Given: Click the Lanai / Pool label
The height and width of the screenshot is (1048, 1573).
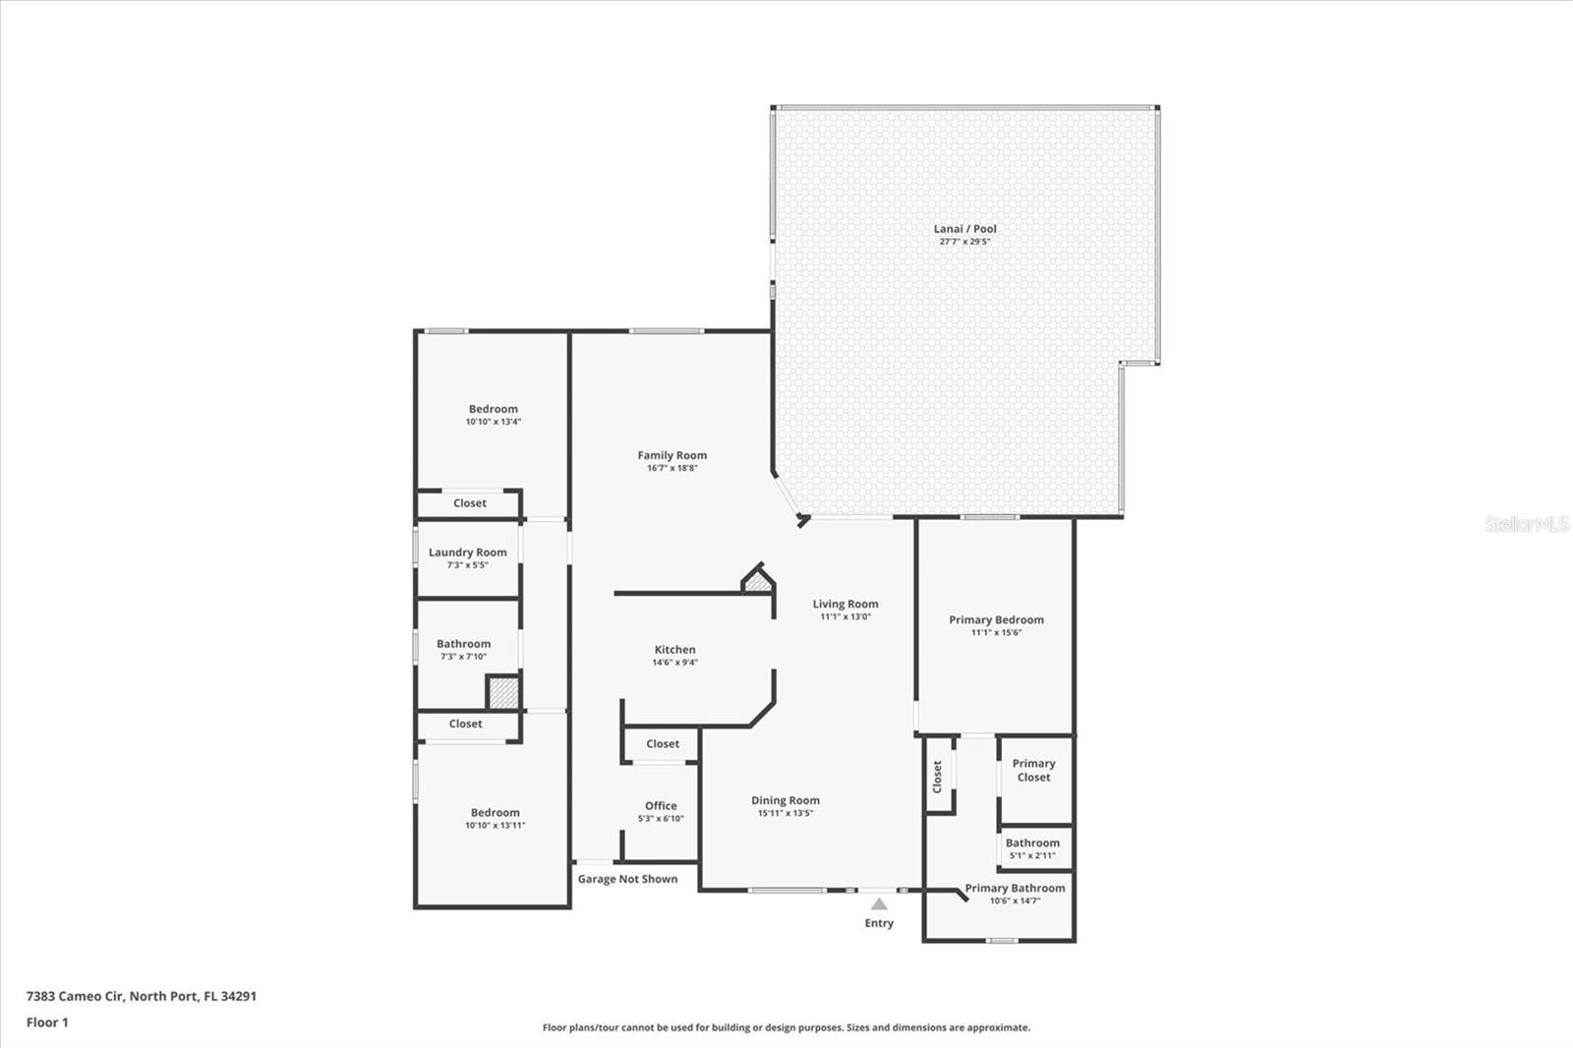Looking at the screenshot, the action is [x=964, y=228].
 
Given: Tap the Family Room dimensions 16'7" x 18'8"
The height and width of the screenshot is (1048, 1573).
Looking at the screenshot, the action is [x=672, y=468].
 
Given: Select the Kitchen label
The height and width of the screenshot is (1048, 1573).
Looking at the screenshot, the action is [x=674, y=650].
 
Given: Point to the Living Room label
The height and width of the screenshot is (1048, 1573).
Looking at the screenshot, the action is [x=845, y=604].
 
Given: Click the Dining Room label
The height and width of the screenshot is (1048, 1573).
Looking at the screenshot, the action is [x=786, y=800].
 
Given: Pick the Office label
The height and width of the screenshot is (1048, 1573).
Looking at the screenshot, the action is [x=661, y=806].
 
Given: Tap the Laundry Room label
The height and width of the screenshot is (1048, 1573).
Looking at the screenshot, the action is [x=468, y=553].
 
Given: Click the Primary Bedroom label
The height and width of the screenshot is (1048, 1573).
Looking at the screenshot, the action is [x=997, y=619].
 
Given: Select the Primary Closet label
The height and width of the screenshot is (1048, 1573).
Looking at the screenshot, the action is [x=1033, y=770].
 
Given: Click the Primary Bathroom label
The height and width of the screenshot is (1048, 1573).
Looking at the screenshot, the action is [x=1015, y=888].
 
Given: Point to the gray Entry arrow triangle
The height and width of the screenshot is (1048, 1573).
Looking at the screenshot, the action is [x=879, y=903].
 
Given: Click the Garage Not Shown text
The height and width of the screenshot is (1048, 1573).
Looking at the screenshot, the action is [x=628, y=879].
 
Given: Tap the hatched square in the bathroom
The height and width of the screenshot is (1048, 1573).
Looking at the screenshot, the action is [x=503, y=692].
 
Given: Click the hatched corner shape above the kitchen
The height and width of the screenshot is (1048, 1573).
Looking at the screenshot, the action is [x=758, y=582].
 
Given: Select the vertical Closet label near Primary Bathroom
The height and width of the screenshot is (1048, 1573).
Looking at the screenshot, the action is [x=937, y=777].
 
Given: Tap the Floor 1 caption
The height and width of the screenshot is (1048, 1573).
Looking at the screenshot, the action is [x=47, y=1022].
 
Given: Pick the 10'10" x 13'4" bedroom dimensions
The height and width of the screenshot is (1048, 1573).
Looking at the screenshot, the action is [x=493, y=422].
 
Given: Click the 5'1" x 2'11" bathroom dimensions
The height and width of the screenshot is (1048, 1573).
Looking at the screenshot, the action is [x=1032, y=855].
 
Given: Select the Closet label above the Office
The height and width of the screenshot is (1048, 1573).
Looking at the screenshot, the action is [x=663, y=743].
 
